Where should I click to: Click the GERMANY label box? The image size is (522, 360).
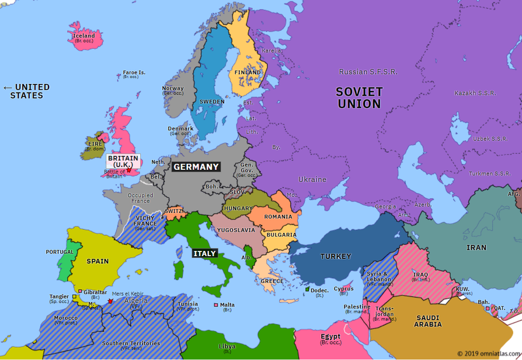[x=196, y=167]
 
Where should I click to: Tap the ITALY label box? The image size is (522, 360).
[x=205, y=253]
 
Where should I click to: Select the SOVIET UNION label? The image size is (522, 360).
[x=359, y=98]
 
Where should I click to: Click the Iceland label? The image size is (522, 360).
[x=83, y=36]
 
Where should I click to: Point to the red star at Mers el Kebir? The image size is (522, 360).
[x=110, y=301]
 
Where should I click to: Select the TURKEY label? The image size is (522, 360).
[x=336, y=256]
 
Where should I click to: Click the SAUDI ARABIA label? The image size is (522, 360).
[x=428, y=321]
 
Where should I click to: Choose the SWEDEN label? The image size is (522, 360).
[x=211, y=102]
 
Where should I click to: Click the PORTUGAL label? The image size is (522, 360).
[x=60, y=252]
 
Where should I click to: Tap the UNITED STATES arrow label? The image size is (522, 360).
[x=27, y=91]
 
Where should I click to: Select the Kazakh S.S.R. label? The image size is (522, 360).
[x=475, y=93]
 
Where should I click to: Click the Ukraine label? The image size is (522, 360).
[x=312, y=179]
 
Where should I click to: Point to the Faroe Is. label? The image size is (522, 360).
[x=134, y=73]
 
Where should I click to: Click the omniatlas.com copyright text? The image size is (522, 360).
[x=489, y=354]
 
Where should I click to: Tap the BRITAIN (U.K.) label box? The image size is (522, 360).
[x=123, y=161]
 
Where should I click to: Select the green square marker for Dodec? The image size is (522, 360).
[x=307, y=289]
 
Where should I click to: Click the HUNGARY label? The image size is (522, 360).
[x=238, y=208]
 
